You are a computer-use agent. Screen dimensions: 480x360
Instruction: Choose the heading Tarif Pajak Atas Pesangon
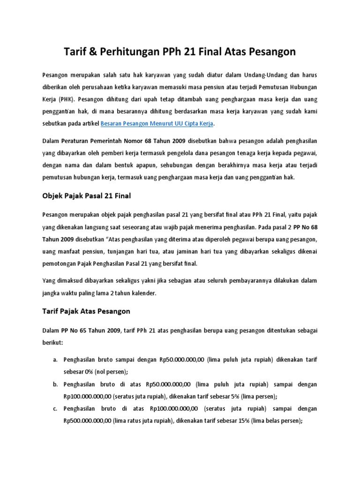coord(86,311)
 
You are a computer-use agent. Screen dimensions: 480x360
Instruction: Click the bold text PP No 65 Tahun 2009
coord(91,330)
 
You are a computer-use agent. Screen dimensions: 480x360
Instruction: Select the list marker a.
coord(55,360)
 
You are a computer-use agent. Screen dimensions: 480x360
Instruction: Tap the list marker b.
coord(55,384)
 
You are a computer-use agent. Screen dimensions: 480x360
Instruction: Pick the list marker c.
coord(55,408)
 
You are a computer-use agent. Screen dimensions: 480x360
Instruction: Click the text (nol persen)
coord(110,372)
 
